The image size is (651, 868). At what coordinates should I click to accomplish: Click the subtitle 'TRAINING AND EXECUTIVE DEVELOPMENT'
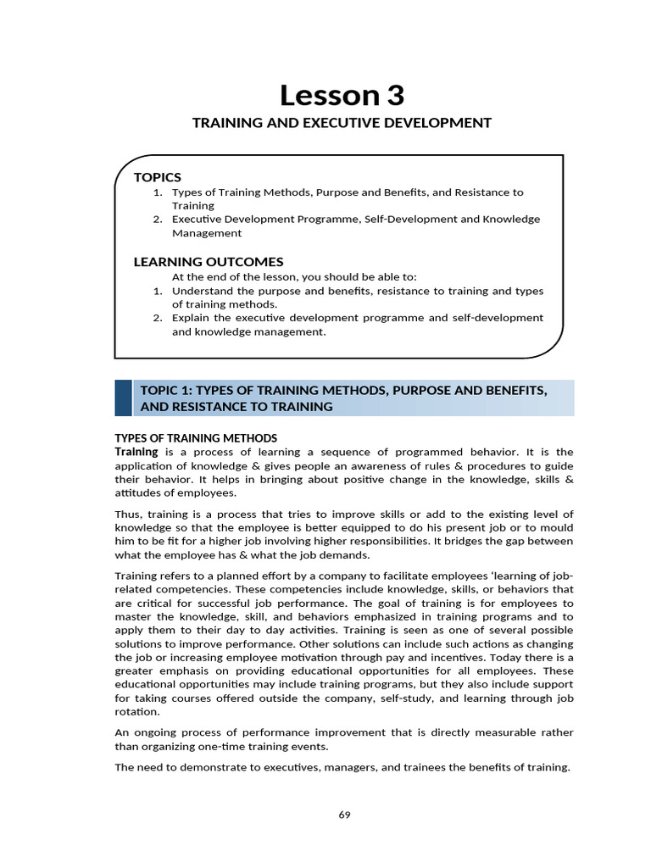[342, 123]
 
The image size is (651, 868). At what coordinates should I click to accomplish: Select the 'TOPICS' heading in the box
[158, 177]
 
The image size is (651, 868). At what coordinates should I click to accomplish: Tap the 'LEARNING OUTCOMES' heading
[209, 262]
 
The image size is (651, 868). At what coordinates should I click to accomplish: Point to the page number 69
[344, 815]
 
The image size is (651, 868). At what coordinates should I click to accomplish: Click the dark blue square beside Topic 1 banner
[124, 398]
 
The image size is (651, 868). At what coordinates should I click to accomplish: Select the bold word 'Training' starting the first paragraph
[136, 452]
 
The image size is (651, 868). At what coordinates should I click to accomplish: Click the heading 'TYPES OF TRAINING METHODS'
[196, 438]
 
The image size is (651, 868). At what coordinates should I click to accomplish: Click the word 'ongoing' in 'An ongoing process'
[155, 732]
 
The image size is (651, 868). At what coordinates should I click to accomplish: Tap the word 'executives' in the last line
[276, 767]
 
